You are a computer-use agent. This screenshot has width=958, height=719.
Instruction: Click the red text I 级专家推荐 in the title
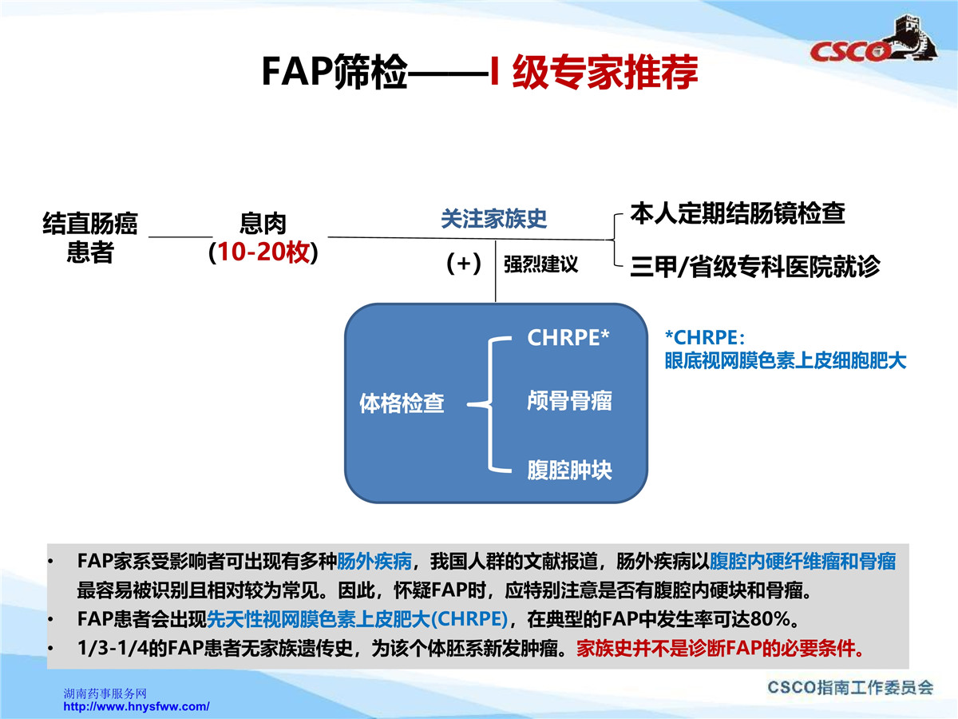[x=594, y=72]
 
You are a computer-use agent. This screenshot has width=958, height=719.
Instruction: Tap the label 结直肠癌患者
[x=90, y=238]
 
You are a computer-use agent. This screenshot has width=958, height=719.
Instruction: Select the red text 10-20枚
[x=263, y=252]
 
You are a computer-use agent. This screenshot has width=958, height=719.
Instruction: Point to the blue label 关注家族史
[x=493, y=219]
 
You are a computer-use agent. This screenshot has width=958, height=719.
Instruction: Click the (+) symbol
[x=464, y=264]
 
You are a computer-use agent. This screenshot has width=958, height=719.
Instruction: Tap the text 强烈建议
[x=540, y=264]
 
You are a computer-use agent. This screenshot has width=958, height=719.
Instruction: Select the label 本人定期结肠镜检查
[x=738, y=213]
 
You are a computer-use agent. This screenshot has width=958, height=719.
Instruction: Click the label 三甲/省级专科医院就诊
[x=755, y=266]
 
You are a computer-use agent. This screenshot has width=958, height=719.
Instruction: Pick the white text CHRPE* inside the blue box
[x=568, y=337]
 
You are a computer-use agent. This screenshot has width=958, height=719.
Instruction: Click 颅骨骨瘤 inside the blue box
[x=569, y=401]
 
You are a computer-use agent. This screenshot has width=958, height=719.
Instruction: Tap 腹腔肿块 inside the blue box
[x=569, y=471]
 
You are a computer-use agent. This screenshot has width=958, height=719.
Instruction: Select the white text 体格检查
[x=402, y=403]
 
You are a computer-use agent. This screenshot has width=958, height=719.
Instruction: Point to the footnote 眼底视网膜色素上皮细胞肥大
[x=786, y=361]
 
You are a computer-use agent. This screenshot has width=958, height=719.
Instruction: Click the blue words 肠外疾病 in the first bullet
[x=374, y=562]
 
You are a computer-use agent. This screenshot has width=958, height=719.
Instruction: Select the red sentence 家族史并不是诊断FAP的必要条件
[x=720, y=649]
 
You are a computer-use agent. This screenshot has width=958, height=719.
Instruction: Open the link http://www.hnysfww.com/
[x=137, y=706]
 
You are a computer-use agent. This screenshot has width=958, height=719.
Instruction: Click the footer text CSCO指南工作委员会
[x=850, y=688]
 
